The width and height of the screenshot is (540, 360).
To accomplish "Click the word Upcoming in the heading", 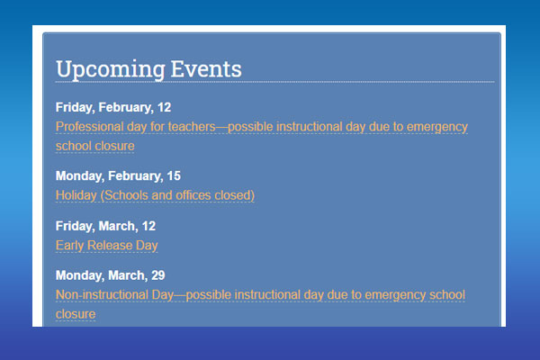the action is [x=111, y=70].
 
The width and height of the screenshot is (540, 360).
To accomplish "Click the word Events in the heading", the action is [x=206, y=69].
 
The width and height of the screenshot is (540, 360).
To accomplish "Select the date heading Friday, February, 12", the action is [x=113, y=107].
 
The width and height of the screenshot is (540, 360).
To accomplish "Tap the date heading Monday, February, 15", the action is [x=118, y=176].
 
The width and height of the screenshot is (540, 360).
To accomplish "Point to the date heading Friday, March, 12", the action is [x=105, y=226].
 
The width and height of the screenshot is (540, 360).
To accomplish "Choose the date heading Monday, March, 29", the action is [x=110, y=275].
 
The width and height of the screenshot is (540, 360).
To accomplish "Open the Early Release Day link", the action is [x=107, y=246].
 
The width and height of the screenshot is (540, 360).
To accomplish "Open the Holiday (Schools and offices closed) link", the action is [x=155, y=195].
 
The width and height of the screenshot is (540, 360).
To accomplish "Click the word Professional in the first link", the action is [x=89, y=127].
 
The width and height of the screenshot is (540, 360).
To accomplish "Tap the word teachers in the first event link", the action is [x=192, y=127].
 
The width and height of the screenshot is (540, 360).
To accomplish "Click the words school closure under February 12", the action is [x=95, y=146].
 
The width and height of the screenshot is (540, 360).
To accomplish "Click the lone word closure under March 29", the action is [x=76, y=314].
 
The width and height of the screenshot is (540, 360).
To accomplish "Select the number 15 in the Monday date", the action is [x=174, y=176].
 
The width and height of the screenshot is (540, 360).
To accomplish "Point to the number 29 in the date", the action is [x=158, y=275].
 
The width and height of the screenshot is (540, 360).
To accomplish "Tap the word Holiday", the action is [x=76, y=195].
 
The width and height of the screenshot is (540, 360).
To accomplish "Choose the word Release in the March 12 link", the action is [x=110, y=246].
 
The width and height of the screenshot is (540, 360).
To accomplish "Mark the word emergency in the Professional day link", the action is [x=437, y=127].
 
